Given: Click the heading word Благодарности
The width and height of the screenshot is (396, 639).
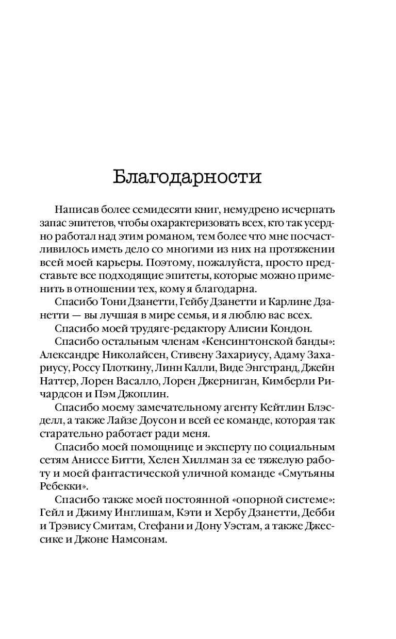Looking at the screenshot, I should pos(187,177).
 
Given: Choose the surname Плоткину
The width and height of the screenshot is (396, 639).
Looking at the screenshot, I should pos(123,368).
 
